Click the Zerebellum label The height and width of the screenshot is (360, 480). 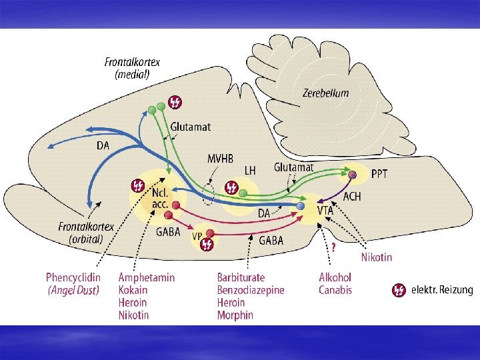click(325, 93)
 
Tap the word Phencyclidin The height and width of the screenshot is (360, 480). click(72, 277)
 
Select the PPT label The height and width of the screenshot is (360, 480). click(379, 174)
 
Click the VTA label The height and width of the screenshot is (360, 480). click(325, 210)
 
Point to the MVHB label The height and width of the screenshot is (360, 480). click(221, 159)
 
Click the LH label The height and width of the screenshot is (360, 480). click(250, 171)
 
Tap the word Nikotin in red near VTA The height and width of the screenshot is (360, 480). click(377, 257)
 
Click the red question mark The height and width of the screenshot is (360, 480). click(333, 246)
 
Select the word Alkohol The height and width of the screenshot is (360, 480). click(335, 277)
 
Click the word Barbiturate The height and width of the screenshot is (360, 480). click(241, 277)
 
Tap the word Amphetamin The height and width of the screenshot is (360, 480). click(147, 277)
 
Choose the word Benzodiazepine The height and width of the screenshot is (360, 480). click(251, 290)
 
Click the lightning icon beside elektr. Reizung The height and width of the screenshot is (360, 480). click(399, 290)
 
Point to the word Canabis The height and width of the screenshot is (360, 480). click(335, 290)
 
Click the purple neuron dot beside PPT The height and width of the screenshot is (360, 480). click(353, 175)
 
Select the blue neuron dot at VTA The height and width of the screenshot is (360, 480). click(301, 207)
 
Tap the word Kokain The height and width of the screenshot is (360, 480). click(133, 290)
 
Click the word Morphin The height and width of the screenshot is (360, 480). click(235, 315)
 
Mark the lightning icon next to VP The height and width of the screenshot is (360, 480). click(207, 245)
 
